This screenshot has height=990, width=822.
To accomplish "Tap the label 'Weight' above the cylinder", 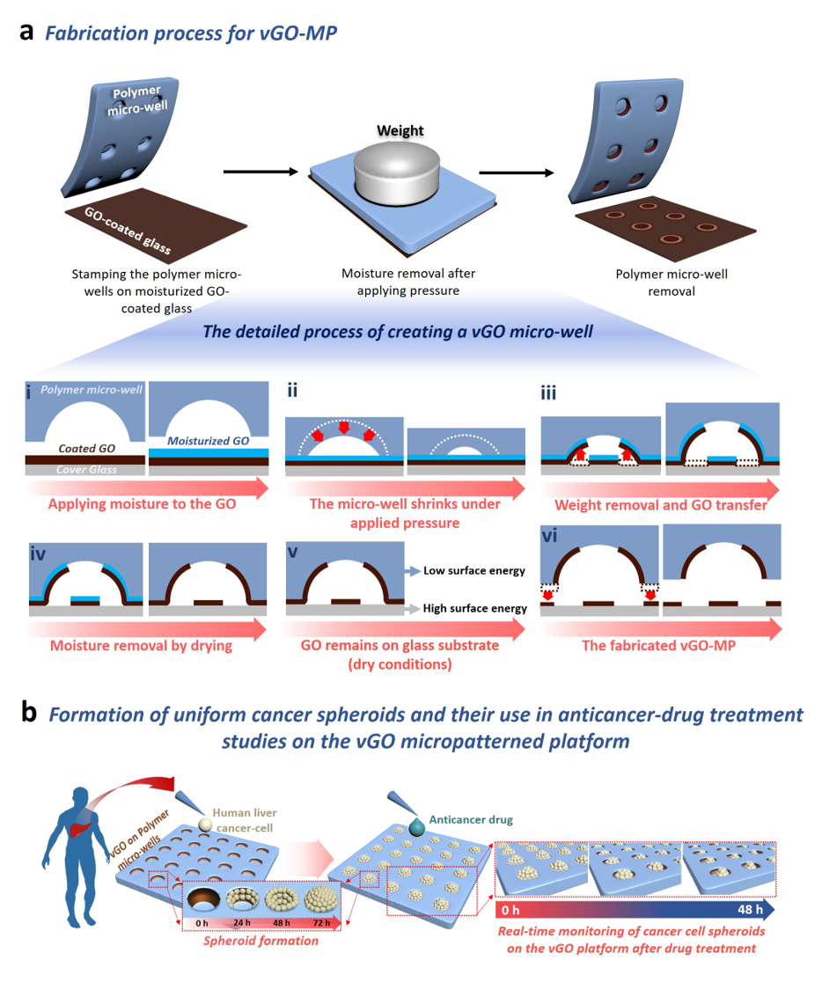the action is click(x=400, y=131).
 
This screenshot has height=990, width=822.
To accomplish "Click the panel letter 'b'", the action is click(x=29, y=711).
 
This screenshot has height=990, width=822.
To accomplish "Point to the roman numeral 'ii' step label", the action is click(x=292, y=390).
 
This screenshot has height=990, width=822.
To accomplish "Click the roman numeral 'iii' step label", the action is click(x=548, y=392).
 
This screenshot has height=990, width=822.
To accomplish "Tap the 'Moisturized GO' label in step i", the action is click(x=208, y=441).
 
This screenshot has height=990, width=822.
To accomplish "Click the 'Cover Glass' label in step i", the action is click(x=86, y=470).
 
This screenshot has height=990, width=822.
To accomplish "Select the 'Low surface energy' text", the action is click(x=474, y=571).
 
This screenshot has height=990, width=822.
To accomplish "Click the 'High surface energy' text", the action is click(x=474, y=608).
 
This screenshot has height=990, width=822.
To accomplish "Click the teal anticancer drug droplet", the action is click(x=417, y=827).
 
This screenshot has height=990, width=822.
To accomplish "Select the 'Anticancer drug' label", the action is click(x=471, y=819).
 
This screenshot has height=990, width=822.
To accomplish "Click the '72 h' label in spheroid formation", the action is click(x=321, y=922).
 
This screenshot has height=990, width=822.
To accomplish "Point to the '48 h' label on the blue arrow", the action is click(x=750, y=910).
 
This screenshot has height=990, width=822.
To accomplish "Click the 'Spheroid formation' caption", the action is click(x=261, y=941).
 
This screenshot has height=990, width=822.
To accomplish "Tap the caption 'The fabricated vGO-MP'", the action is click(x=658, y=645).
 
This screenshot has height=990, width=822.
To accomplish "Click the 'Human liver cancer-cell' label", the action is click(x=245, y=820).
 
